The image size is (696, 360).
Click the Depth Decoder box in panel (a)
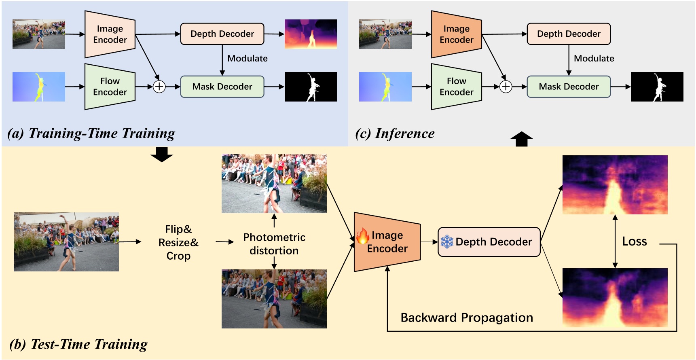click(x=222, y=34)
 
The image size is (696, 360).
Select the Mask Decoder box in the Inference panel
click(x=568, y=87)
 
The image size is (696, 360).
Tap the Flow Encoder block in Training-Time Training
click(x=110, y=87)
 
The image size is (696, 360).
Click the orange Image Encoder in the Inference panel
click(x=456, y=34)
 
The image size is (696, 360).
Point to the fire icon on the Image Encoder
click(x=363, y=236)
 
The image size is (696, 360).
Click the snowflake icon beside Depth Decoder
click(x=447, y=242)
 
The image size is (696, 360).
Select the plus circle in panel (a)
click(x=159, y=87)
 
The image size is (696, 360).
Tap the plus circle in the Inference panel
click(x=506, y=87)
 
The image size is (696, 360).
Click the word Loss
click(x=634, y=241)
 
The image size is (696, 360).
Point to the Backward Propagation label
click(x=466, y=318)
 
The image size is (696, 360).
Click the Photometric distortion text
click(x=274, y=244)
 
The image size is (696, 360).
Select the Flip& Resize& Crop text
click(x=178, y=242)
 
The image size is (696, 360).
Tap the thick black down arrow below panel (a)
click(x=162, y=155)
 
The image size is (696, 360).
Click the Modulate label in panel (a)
click(x=247, y=58)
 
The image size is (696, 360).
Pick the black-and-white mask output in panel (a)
click(x=311, y=87)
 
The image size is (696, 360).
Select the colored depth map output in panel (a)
click(x=311, y=34)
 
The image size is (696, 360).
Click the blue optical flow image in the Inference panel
click(x=385, y=87)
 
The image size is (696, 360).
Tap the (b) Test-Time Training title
click(x=78, y=344)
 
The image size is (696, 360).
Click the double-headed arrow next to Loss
click(x=615, y=241)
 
